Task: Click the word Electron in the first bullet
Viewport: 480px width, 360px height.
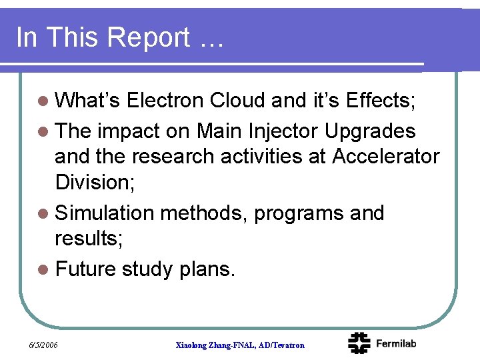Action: (165, 100)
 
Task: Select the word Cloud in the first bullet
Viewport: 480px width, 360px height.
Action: (237, 100)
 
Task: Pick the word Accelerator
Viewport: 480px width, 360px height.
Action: (386, 156)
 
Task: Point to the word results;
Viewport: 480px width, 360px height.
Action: (89, 238)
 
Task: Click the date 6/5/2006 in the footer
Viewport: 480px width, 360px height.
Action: (44, 345)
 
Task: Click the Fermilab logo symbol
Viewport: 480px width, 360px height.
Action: (359, 343)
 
